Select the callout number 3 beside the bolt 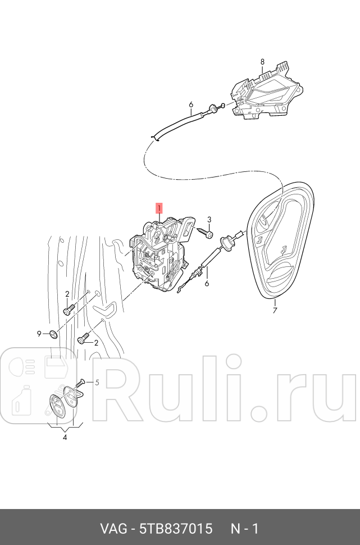(x=209, y=220)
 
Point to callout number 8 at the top (x=262, y=61)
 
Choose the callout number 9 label (x=40, y=334)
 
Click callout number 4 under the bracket (x=65, y=437)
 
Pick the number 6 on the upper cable (x=191, y=105)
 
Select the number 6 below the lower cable (x=207, y=284)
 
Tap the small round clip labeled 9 (x=53, y=335)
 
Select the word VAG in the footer (x=112, y=529)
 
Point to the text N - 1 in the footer (x=245, y=529)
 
